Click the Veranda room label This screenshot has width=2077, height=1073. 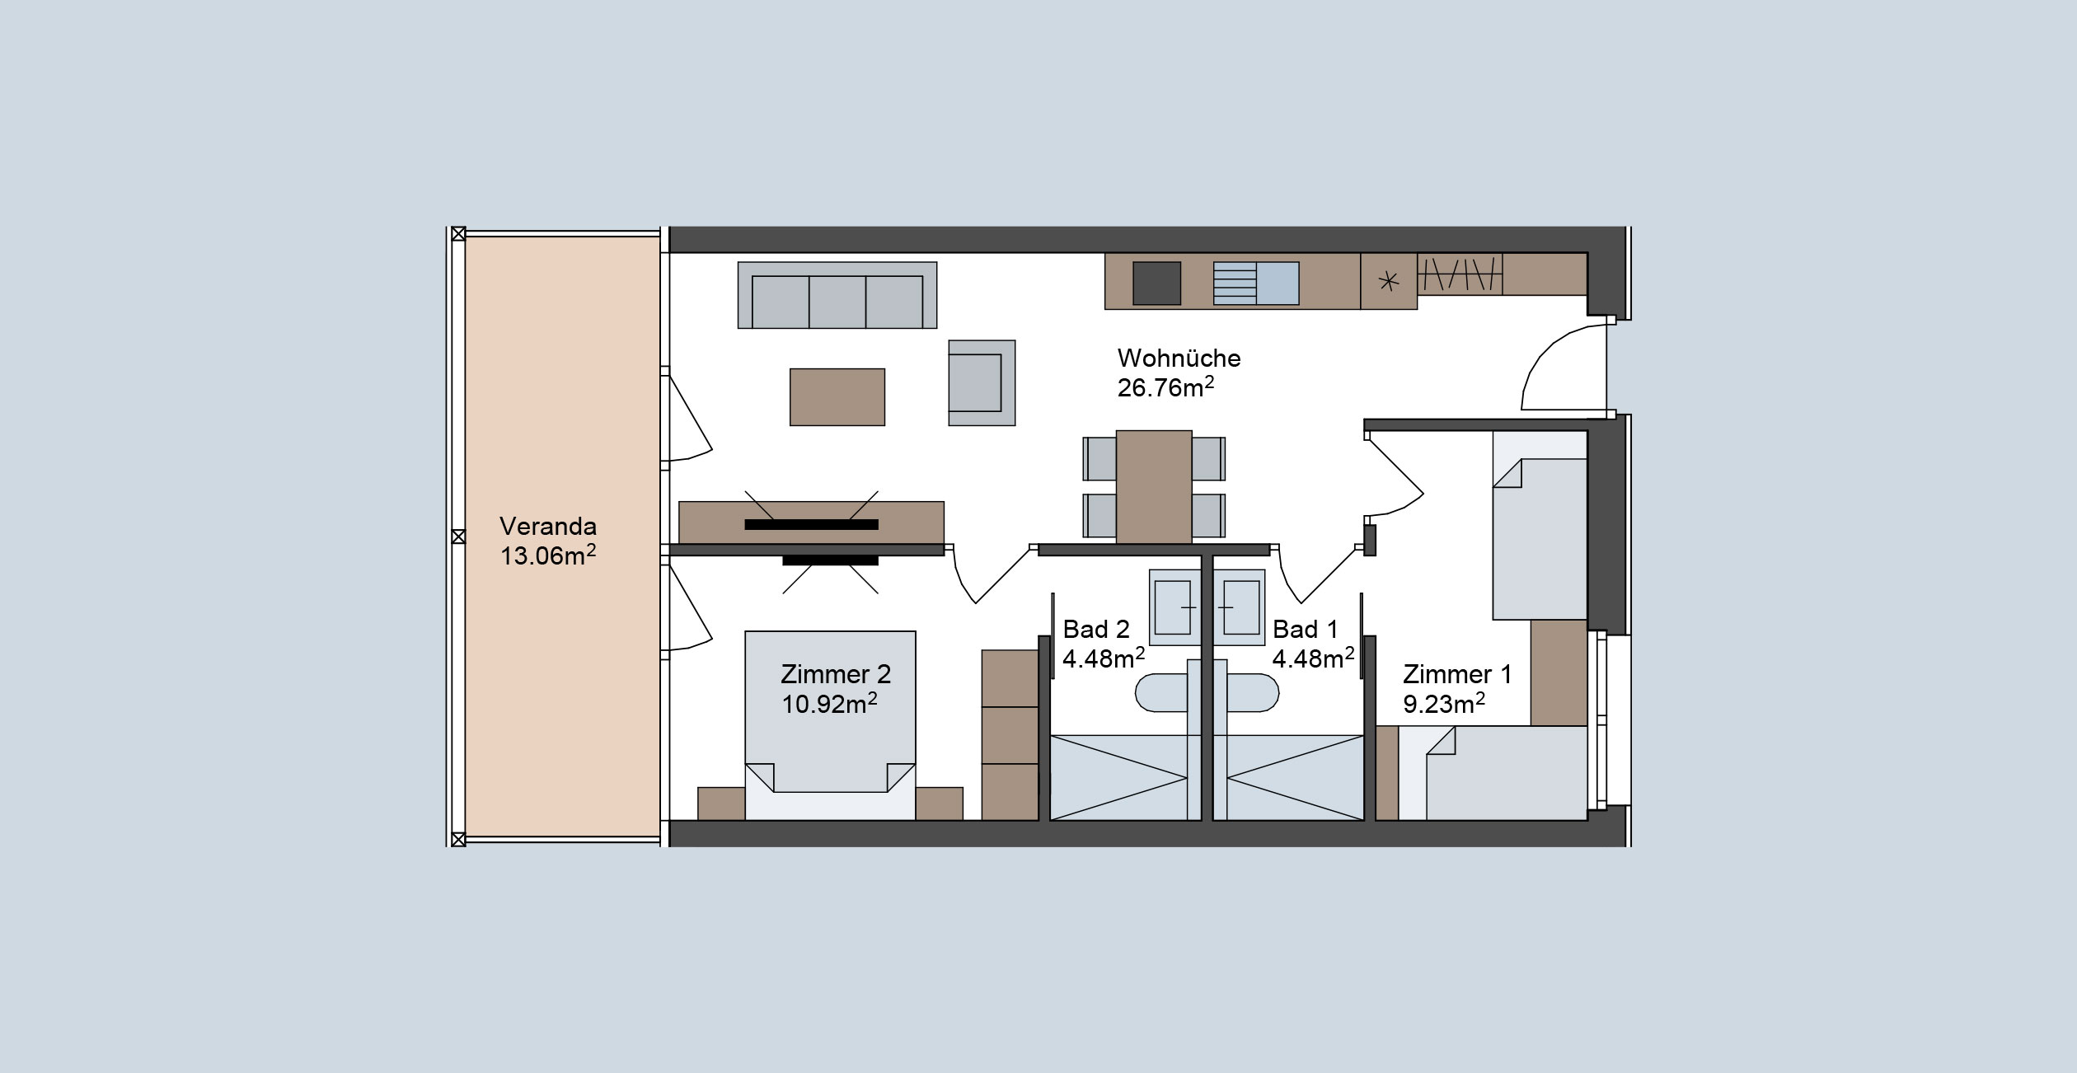[x=548, y=527]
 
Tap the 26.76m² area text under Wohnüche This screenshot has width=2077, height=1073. [x=1165, y=387]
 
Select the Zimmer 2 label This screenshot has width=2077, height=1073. [x=836, y=674]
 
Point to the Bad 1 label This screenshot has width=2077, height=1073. [x=1305, y=630]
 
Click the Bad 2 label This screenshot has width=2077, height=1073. [x=1096, y=630]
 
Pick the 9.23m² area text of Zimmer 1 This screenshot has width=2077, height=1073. [x=1444, y=704]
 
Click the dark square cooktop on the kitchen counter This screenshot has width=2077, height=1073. [x=1157, y=283]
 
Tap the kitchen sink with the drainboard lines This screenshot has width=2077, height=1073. [x=1256, y=283]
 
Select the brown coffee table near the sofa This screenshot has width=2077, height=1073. [x=837, y=397]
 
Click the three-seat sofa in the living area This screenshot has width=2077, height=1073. [x=837, y=295]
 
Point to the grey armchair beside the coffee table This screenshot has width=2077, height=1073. [x=982, y=383]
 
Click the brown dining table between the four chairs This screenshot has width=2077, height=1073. [x=1154, y=487]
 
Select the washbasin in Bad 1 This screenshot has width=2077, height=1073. [x=1239, y=607]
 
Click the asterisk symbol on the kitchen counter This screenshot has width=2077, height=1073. [x=1389, y=281]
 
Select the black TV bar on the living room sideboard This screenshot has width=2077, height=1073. [x=812, y=524]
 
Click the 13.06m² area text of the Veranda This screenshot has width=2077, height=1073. [x=548, y=555]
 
